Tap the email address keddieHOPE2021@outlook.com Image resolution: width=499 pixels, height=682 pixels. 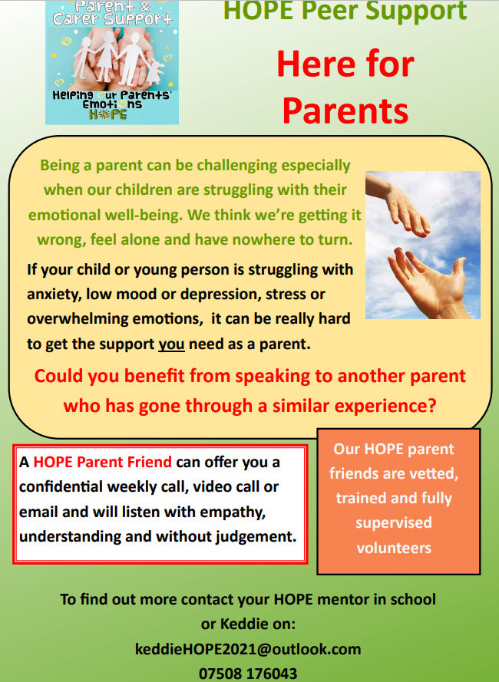[x=248, y=649]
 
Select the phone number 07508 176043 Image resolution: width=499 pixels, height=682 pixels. [x=248, y=674]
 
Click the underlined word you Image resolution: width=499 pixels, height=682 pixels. [x=171, y=344]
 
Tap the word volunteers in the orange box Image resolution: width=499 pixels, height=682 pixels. [x=394, y=548]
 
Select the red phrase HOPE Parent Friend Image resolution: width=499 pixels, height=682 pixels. [x=102, y=462]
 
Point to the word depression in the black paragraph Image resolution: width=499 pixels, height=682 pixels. [x=218, y=295]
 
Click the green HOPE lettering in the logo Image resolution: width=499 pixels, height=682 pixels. [x=108, y=115]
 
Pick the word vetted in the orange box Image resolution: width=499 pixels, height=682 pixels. [x=435, y=473]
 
